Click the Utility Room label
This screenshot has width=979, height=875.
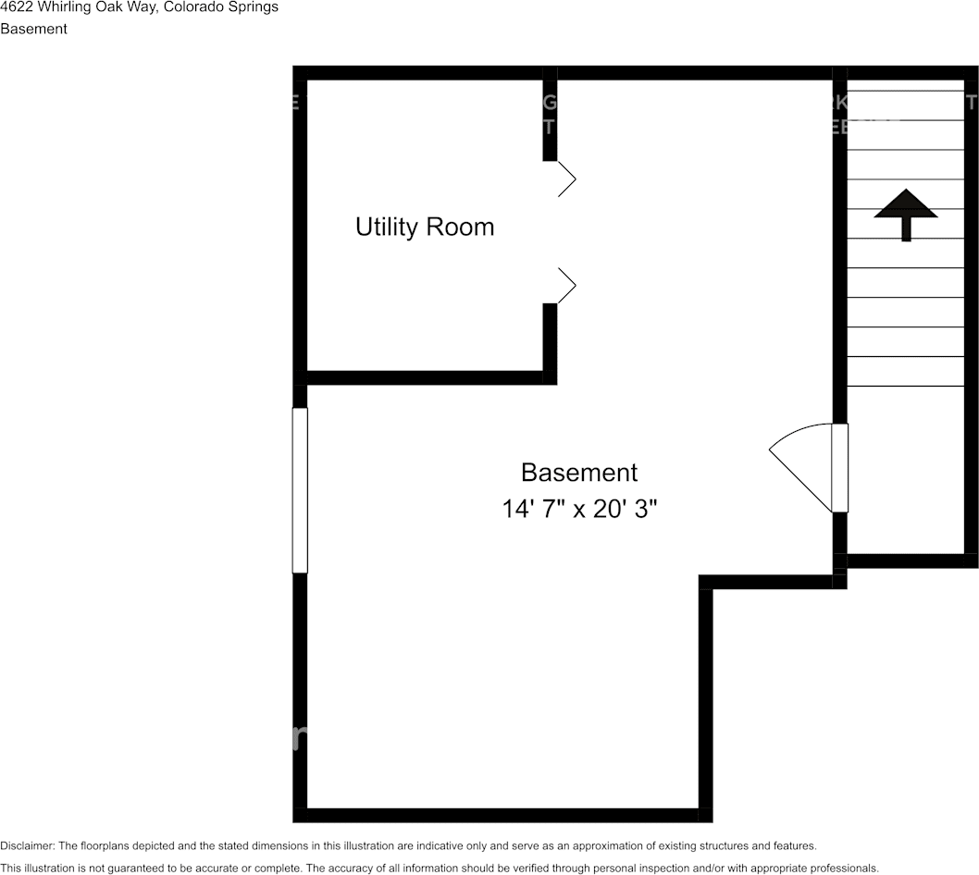click(x=425, y=227)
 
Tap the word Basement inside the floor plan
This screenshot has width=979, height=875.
click(x=579, y=473)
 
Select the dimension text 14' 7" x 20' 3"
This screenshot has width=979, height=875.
click(x=580, y=509)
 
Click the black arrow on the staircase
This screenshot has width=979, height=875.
click(x=906, y=214)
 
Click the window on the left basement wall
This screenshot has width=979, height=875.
click(x=300, y=490)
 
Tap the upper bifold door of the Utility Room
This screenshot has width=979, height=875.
click(x=565, y=179)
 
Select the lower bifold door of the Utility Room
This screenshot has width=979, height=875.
click(x=565, y=286)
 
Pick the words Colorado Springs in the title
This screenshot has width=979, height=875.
click(x=220, y=7)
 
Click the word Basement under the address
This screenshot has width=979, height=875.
click(x=33, y=29)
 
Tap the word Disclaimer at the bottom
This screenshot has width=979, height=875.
click(x=27, y=845)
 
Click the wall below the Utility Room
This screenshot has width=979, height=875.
click(x=426, y=377)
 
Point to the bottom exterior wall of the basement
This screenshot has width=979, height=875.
click(x=500, y=815)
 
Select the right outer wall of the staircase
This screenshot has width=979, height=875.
click(x=972, y=314)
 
